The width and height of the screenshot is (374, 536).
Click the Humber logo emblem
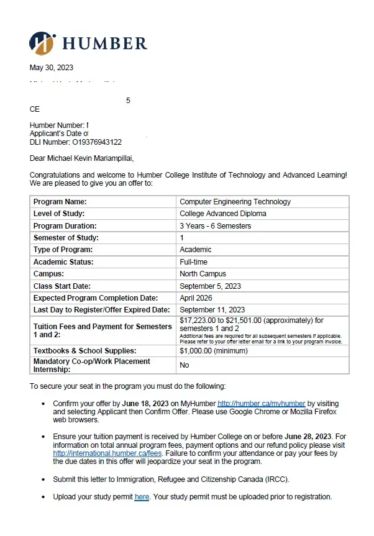click(42, 43)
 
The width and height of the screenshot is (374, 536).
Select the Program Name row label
click(60, 202)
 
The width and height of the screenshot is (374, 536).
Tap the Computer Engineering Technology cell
click(235, 202)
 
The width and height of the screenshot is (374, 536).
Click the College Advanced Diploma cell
click(222, 214)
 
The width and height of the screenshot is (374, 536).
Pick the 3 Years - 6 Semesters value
click(215, 226)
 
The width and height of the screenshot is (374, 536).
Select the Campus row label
click(48, 274)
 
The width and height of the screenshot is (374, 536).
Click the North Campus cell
click(203, 274)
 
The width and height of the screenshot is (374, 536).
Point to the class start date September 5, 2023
click(210, 286)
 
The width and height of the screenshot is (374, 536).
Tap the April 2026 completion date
click(196, 298)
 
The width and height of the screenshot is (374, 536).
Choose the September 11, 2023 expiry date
click(212, 310)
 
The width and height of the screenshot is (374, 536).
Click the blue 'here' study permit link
click(142, 497)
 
